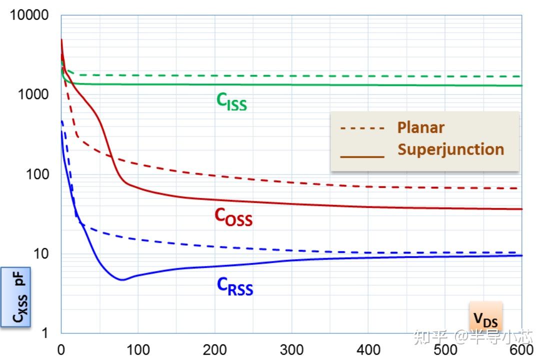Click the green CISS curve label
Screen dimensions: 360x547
coord(231,101)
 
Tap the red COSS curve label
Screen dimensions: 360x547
coord(233,216)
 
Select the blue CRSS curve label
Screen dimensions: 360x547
coord(234,286)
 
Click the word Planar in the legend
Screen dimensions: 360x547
coord(420,127)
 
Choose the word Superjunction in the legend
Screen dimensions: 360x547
coord(450,149)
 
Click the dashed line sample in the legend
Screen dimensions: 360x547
coord(362,128)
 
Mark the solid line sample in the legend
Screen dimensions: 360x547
coord(362,156)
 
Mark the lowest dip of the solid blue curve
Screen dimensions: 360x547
coord(121,279)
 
